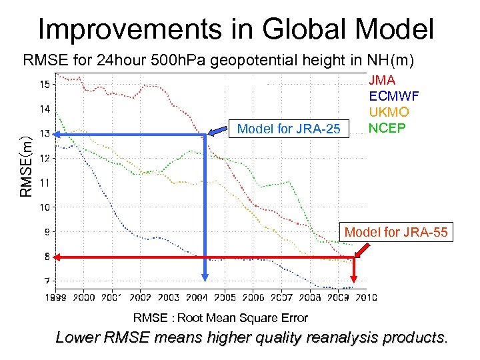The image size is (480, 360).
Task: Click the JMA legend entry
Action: coord(382,80)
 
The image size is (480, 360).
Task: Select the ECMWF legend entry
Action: coord(393,96)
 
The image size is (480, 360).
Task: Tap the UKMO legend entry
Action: coord(389,112)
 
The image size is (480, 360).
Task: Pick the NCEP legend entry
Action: coord(386,128)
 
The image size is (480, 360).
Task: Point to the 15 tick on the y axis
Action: coord(44,84)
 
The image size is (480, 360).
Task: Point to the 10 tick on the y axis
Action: coord(44,207)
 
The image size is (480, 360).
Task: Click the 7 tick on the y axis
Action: coord(46,281)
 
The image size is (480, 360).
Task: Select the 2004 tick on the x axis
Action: coord(197,297)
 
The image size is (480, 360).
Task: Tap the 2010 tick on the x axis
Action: coord(366,297)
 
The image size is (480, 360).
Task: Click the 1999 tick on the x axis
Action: coord(57,297)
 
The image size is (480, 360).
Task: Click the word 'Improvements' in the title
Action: coord(125,29)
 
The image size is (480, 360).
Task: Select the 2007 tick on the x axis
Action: coord(281,297)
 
